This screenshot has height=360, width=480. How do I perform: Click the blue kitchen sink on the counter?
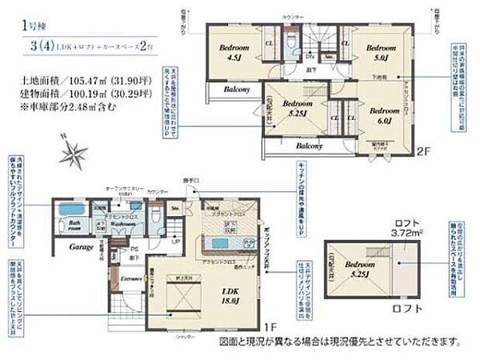click(x=219, y=243)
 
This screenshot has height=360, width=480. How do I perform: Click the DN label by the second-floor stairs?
click(x=310, y=57)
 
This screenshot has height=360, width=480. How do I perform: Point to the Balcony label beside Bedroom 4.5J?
click(x=236, y=89)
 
